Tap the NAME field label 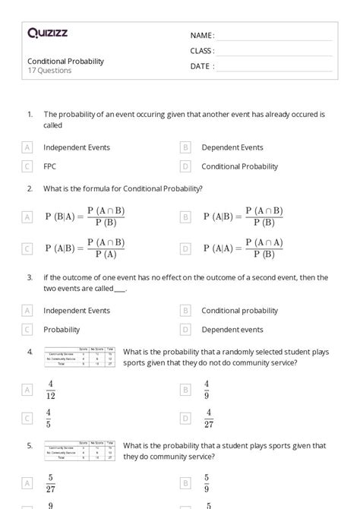pos(201,36)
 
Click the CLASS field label pos(202,51)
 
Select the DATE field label pos(201,66)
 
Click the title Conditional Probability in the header pos(65,61)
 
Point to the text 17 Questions pos(49,71)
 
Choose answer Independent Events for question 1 pos(76,147)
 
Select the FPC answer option pos(50,166)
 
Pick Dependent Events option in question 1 pos(232,147)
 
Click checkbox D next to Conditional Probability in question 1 pos(185,166)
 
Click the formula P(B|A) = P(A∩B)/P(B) pos(84,217)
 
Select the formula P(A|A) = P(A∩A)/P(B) pos(243,248)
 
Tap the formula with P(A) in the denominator pos(84,248)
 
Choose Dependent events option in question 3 pos(232,330)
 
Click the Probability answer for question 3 pos(62,330)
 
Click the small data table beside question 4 pos(80,358)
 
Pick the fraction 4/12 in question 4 pos(51,390)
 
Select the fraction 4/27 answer pos(208,418)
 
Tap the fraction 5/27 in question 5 pos(51,483)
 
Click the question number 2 pos(30,188)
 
